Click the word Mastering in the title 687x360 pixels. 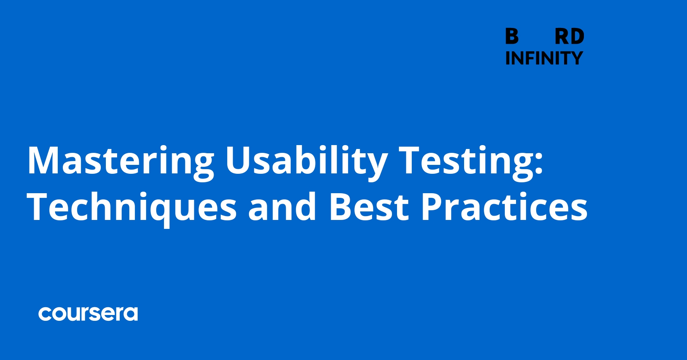(121, 161)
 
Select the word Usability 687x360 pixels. (306, 161)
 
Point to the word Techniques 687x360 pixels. (132, 208)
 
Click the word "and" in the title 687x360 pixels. (282, 208)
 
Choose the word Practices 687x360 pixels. (504, 208)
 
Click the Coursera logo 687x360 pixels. (88, 314)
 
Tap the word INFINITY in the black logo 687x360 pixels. (544, 58)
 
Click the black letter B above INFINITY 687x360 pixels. (512, 36)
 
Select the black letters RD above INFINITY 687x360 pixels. (569, 36)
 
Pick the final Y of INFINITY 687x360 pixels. (575, 58)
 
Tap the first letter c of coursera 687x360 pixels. (45, 314)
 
